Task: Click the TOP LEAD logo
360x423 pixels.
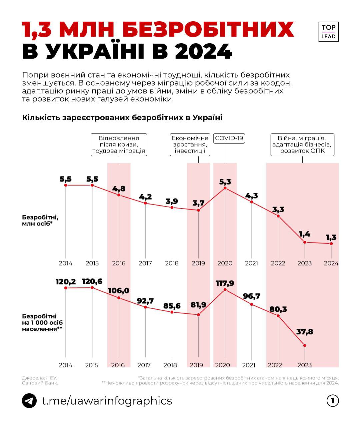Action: point(328,32)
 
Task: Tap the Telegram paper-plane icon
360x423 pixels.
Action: point(29,400)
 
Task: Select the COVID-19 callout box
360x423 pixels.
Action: point(229,138)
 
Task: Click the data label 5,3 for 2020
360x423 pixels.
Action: point(225,182)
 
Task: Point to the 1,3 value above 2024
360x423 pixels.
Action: point(331,237)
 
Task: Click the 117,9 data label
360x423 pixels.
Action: point(225,283)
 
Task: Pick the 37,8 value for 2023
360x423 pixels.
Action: point(305,332)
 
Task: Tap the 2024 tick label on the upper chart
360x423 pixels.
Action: point(331,263)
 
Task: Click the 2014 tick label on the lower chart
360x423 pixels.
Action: point(66,365)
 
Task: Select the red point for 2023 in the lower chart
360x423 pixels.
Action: point(305,345)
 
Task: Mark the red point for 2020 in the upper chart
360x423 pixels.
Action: point(225,188)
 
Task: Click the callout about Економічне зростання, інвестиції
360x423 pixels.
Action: point(190,145)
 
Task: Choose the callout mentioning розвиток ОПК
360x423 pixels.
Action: point(302,145)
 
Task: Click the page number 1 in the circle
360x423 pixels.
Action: point(332,401)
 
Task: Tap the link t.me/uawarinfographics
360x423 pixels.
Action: point(107,401)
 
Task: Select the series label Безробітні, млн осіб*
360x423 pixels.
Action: point(40,220)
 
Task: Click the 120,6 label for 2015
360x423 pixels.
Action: point(92,282)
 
